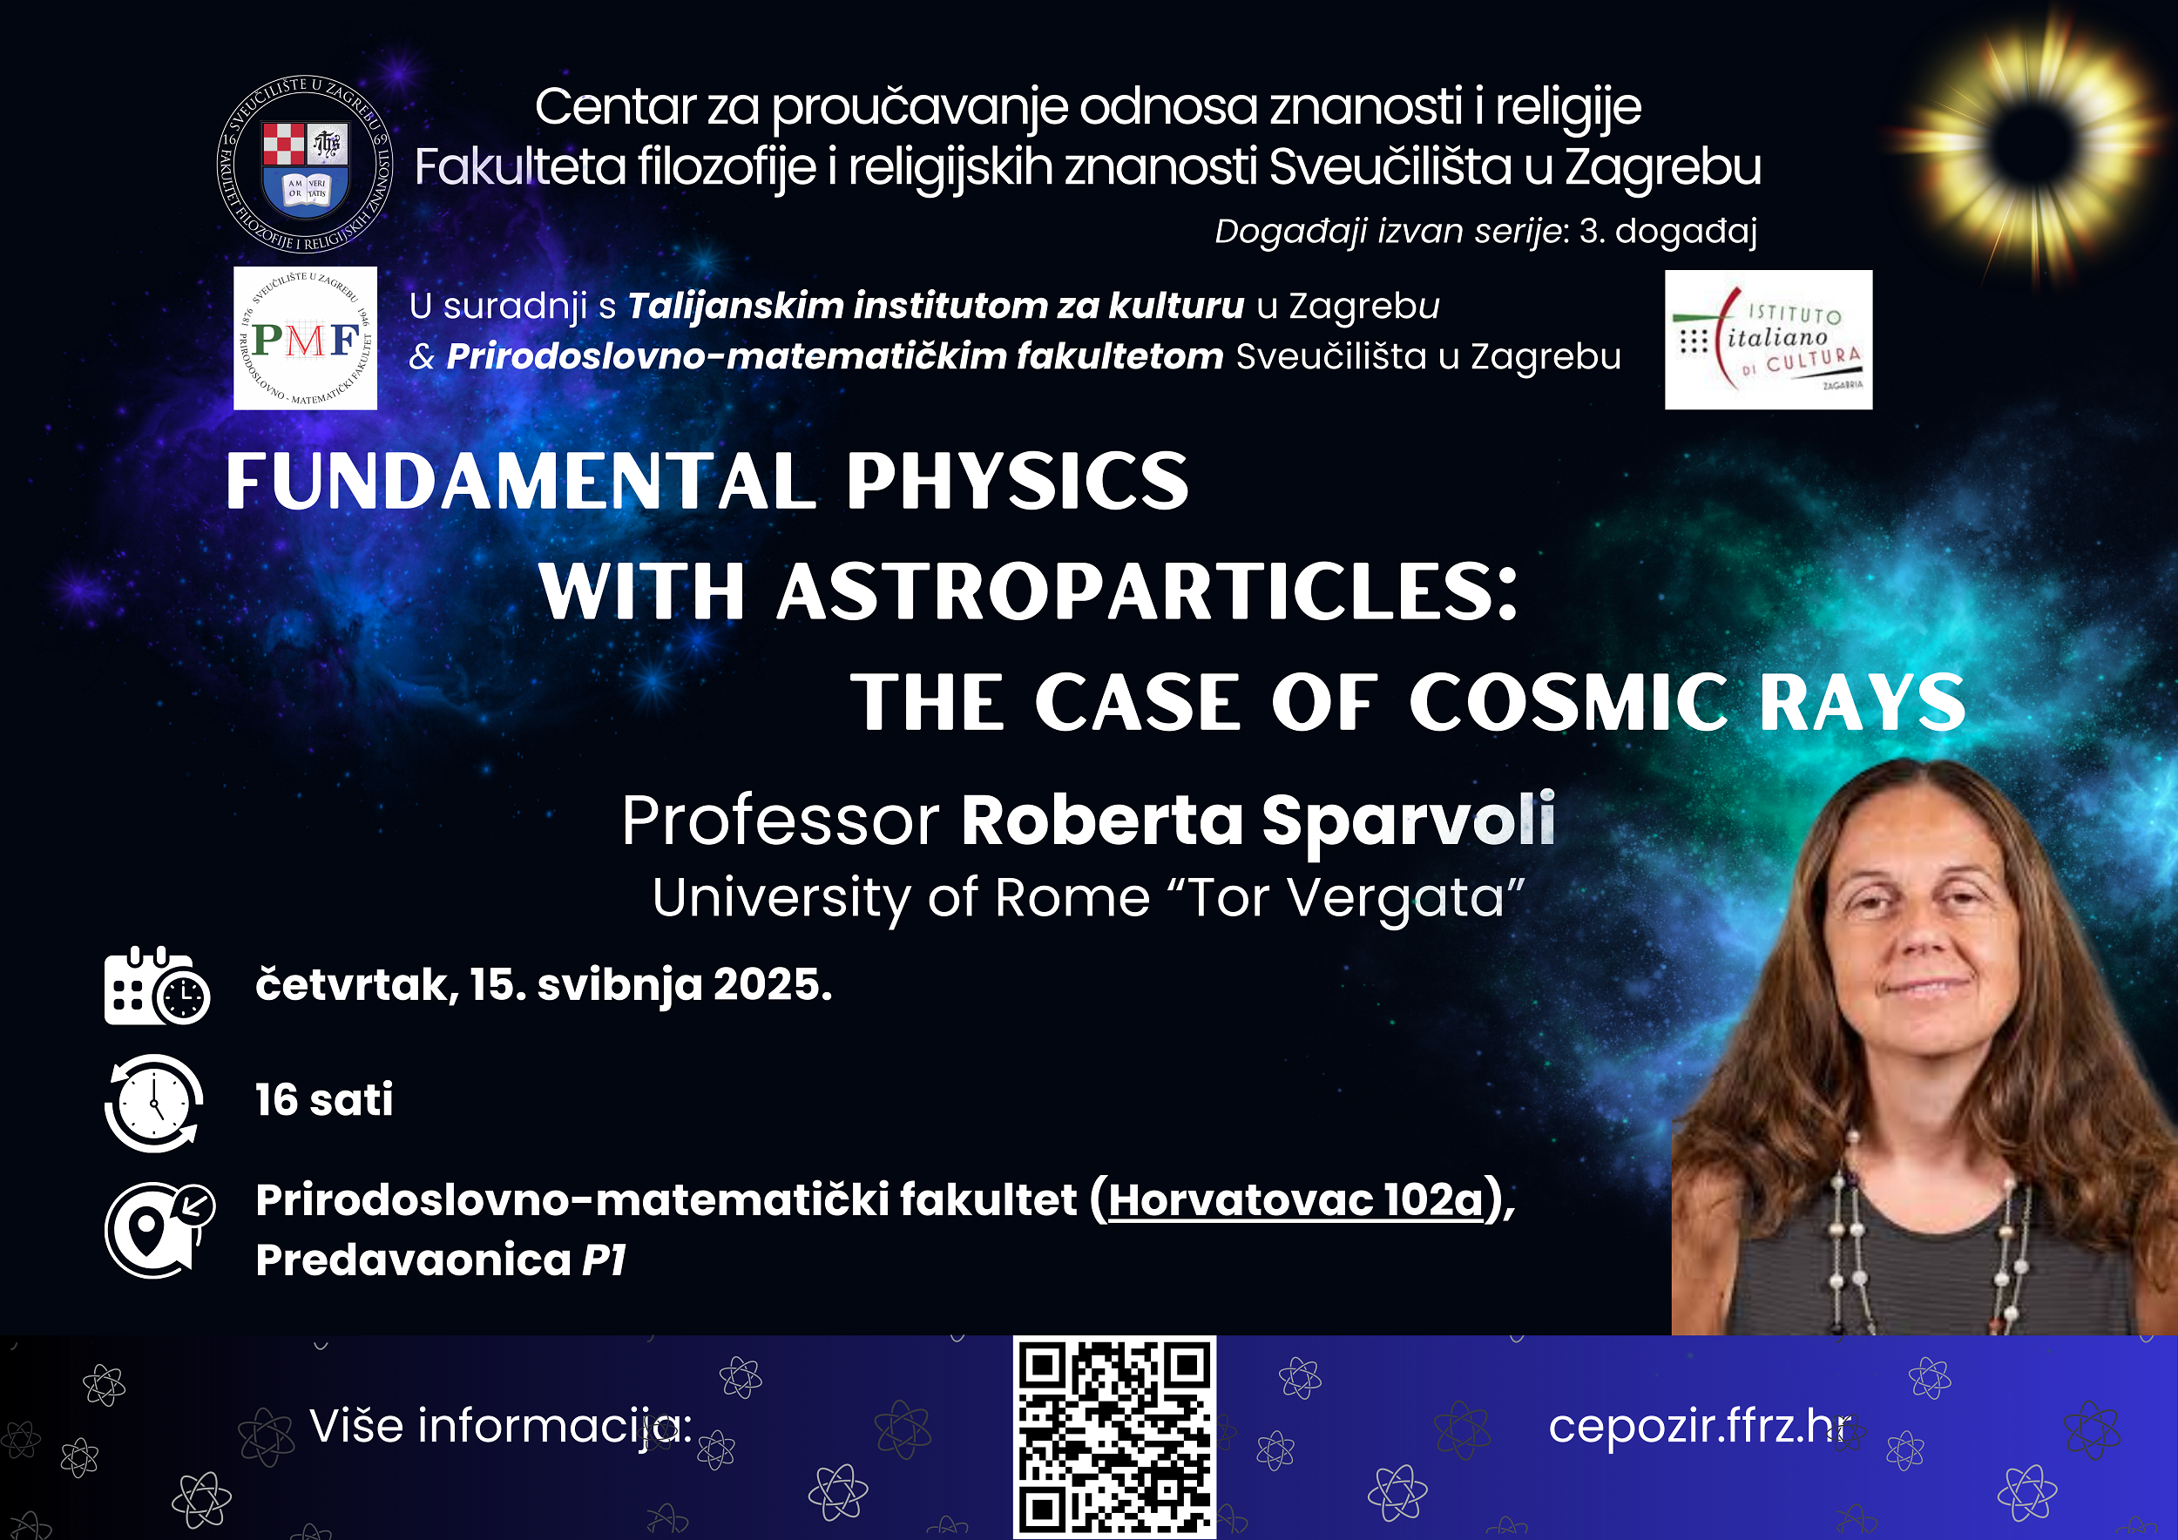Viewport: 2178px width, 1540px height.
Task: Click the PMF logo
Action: tap(306, 338)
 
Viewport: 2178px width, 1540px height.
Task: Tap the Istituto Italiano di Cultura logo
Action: tap(1769, 340)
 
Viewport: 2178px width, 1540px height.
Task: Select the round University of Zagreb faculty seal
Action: tap(305, 164)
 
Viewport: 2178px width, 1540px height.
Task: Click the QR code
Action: tap(1114, 1437)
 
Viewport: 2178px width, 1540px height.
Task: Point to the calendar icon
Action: tap(157, 985)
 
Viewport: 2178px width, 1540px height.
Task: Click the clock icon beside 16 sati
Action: tap(154, 1103)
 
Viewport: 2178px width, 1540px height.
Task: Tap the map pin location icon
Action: tap(159, 1230)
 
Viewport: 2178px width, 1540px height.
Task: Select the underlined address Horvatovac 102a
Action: tap(1295, 1200)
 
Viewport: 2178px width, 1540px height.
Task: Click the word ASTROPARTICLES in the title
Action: tap(1148, 591)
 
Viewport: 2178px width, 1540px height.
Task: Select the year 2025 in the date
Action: tap(772, 984)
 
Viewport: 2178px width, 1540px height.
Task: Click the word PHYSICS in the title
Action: tap(1017, 481)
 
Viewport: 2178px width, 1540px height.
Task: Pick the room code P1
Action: tap(605, 1260)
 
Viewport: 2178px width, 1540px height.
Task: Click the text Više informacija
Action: tap(501, 1426)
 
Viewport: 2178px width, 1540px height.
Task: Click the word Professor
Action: tap(781, 821)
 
